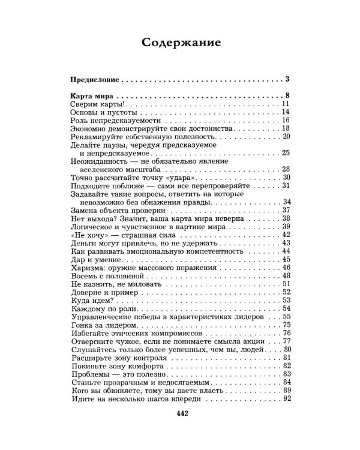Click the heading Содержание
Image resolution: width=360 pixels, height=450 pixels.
click(x=180, y=43)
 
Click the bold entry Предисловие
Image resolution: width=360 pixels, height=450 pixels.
click(x=95, y=79)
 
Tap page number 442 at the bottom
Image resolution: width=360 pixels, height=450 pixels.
click(x=180, y=413)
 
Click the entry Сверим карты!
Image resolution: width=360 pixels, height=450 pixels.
click(x=96, y=104)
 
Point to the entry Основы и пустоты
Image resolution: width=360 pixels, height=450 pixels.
click(x=104, y=112)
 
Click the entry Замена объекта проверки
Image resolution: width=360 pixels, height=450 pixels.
click(x=118, y=210)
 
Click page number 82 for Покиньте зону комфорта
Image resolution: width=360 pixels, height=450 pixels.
click(x=286, y=365)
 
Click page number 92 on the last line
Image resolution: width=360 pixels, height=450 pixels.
click(x=286, y=398)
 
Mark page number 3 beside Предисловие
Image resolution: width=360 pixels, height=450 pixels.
click(x=287, y=79)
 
